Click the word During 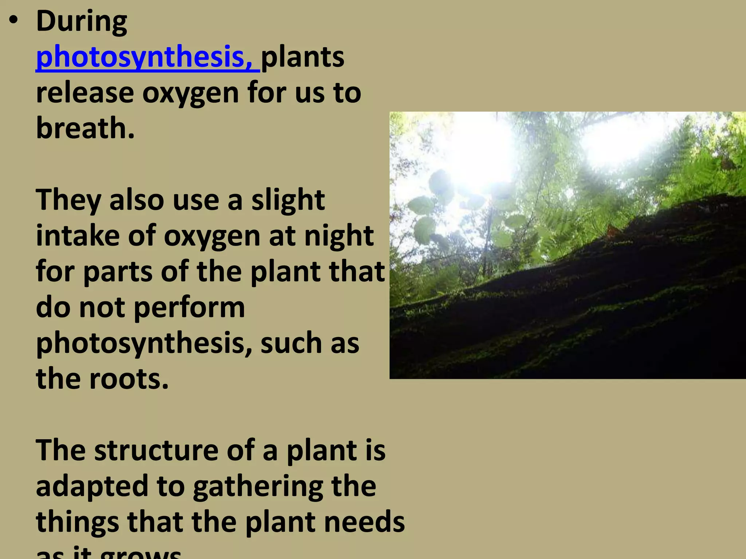click(x=82, y=22)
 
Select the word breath click(x=85, y=128)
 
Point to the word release click(x=85, y=93)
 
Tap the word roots click(x=129, y=379)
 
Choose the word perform click(x=189, y=308)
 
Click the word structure click(x=156, y=451)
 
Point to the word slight click(x=288, y=201)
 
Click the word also click(x=137, y=200)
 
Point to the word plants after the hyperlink click(x=302, y=58)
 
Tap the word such click(x=291, y=343)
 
